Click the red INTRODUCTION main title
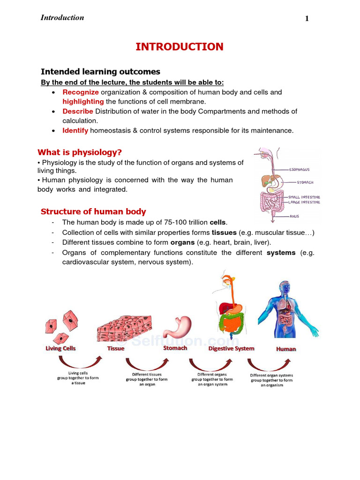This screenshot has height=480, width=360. pos(180,47)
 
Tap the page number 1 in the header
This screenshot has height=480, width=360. pos(307,19)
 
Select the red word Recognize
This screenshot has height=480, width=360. pos(81,92)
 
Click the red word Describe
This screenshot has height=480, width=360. pos(78,112)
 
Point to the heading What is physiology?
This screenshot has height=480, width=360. pos(79,152)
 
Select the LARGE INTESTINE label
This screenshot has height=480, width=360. pos(304,202)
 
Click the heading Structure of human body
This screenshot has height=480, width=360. pos(93,211)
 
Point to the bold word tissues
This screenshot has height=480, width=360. pos(224,232)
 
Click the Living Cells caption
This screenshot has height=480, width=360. pos(60,349)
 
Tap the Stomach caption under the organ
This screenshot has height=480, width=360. pos(175,348)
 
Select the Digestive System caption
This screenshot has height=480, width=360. pos(231,349)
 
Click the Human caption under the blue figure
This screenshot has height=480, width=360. pos(286,349)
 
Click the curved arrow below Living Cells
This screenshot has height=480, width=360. pos(80,364)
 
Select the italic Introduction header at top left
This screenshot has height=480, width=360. pos(62,18)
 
